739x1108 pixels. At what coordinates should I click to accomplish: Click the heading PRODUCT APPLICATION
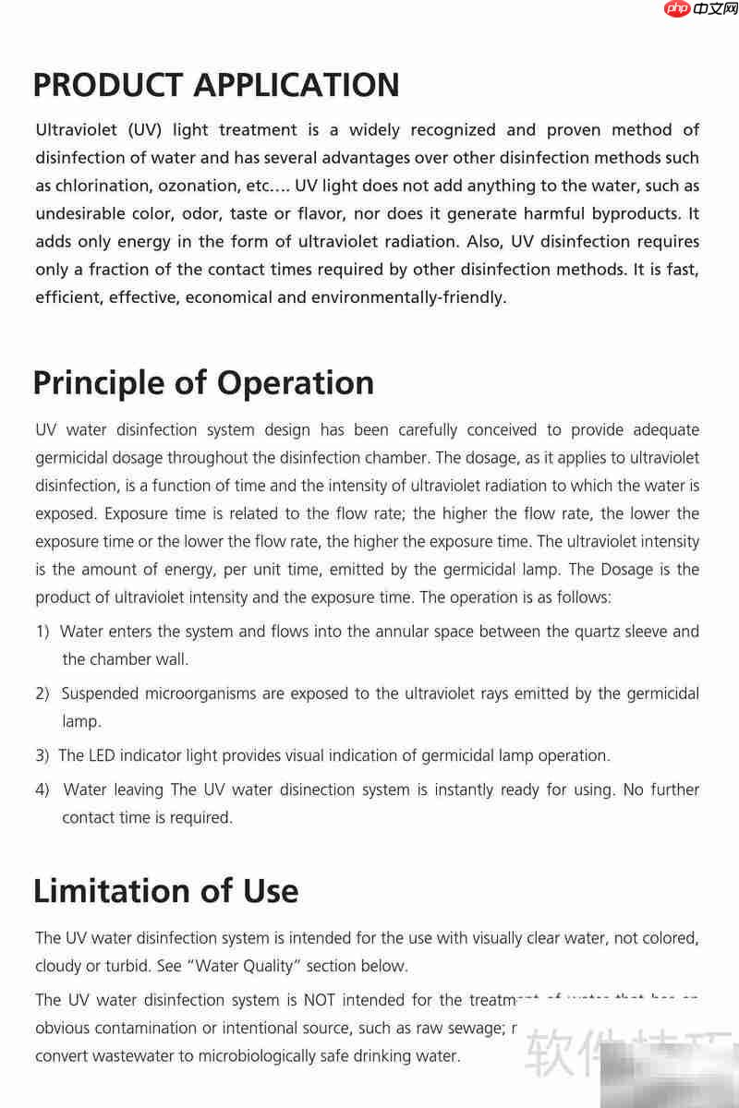pos(216,85)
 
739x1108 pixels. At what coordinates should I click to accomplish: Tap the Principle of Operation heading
pos(203,382)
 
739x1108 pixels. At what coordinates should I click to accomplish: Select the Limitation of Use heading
pos(165,891)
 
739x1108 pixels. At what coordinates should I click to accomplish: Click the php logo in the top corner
pos(678,10)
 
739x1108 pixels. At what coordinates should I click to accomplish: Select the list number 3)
pos(42,755)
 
